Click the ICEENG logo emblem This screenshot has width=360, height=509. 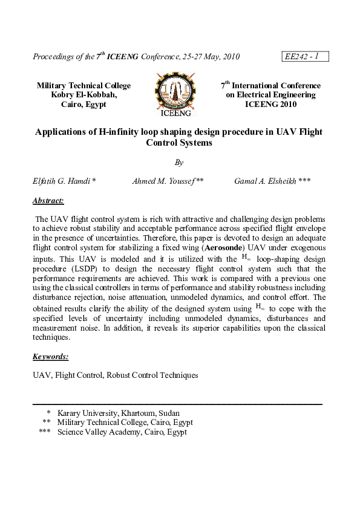pyautogui.click(x=175, y=94)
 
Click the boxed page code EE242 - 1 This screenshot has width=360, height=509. pyautogui.click(x=306, y=57)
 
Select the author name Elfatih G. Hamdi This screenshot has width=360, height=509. pyautogui.click(x=64, y=181)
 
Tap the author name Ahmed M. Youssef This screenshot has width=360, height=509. pyautogui.click(x=168, y=181)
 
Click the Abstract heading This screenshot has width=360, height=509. pyautogui.click(x=48, y=201)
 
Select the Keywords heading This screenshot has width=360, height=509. pyautogui.click(x=51, y=357)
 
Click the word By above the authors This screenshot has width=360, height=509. pyautogui.click(x=178, y=162)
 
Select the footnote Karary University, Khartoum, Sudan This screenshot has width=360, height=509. pyautogui.click(x=118, y=413)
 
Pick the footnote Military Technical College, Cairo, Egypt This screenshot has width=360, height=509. pyautogui.click(x=125, y=423)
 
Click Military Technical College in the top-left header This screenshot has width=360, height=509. pyautogui.click(x=83, y=86)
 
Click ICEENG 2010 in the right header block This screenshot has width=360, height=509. pyautogui.click(x=270, y=104)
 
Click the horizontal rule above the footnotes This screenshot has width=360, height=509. pyautogui.click(x=177, y=403)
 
